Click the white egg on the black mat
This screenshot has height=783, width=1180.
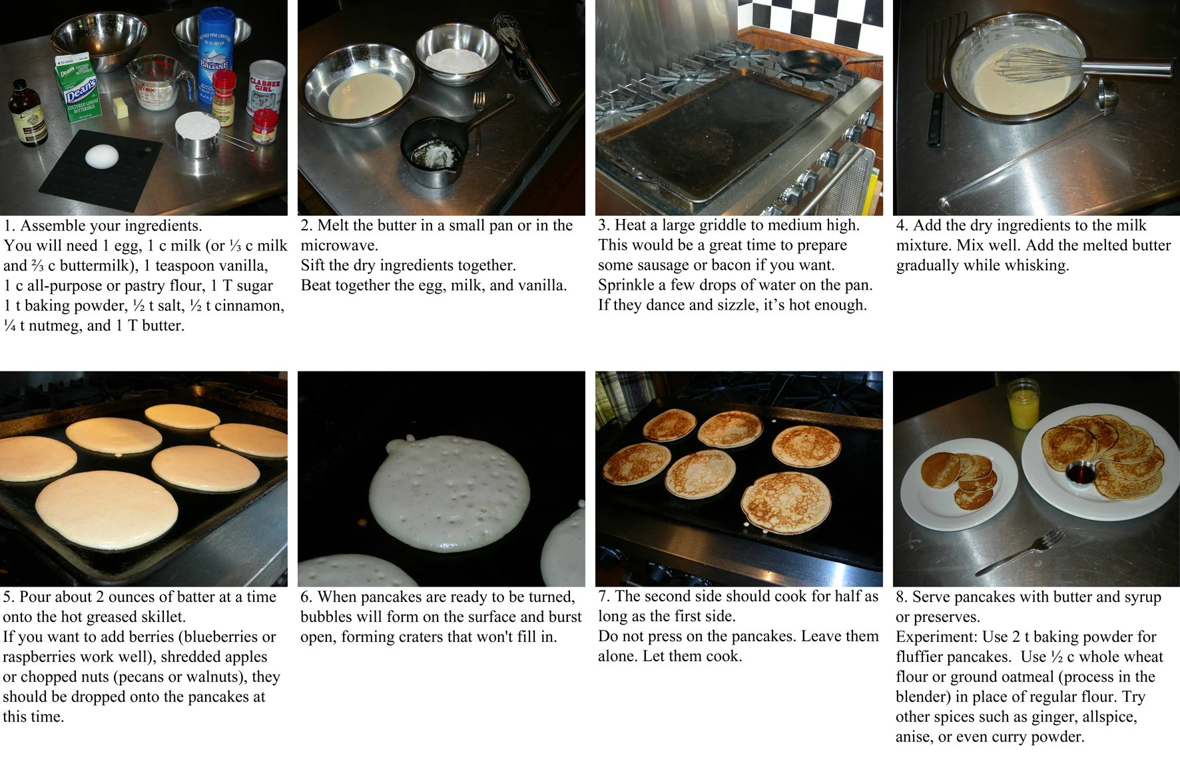pos(102,157)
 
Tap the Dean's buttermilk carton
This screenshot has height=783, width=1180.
pos(79,89)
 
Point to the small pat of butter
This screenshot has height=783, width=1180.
pos(121,107)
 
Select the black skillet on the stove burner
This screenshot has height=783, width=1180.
pos(810,64)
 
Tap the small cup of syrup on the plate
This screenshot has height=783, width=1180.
pos(1080,473)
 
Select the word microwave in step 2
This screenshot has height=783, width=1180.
pos(338,246)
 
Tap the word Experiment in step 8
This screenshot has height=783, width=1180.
pos(936,637)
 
